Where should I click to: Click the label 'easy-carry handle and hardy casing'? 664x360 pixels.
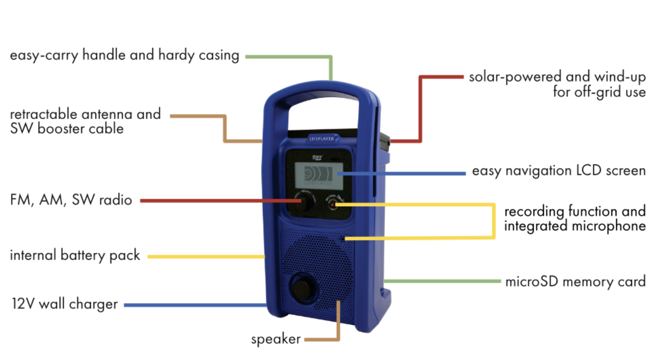124,55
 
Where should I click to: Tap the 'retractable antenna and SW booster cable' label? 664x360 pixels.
85,122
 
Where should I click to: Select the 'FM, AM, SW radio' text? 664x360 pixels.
71,200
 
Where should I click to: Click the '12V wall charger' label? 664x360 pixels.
65,304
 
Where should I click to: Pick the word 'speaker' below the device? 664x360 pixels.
276,339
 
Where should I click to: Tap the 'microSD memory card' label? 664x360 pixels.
575,282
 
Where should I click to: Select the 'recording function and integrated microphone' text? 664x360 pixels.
575,219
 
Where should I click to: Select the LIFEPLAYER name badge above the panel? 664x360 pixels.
322,139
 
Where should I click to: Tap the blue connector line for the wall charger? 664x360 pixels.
196,305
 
